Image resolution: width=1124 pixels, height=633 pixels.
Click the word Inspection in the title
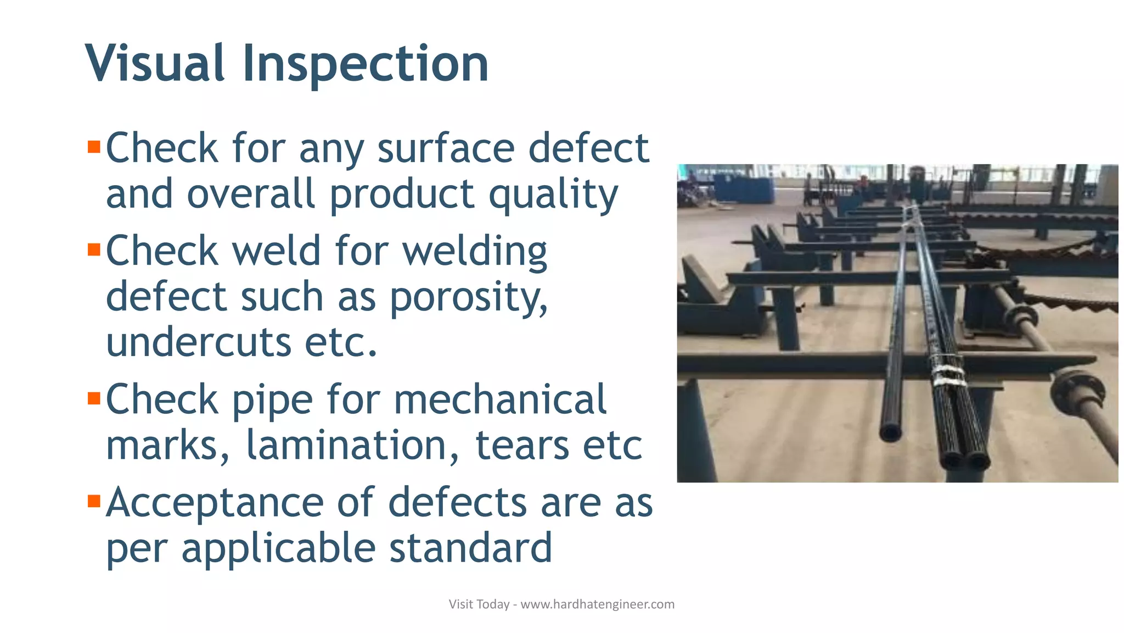(x=365, y=64)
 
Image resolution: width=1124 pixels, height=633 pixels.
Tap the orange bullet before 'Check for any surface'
(x=94, y=147)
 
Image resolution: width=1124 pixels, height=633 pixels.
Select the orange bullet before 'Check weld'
(x=94, y=250)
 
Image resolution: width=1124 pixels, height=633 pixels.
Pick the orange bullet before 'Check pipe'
(x=94, y=398)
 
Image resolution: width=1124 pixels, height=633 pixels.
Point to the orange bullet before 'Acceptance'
(x=94, y=501)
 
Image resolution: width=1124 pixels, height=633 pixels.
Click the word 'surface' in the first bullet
(x=446, y=148)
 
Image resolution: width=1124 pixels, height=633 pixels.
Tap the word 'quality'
(x=553, y=196)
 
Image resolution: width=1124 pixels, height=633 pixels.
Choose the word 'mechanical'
(x=500, y=399)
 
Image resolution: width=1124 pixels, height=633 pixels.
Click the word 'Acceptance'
(x=215, y=503)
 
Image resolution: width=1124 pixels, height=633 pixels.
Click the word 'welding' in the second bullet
(x=475, y=252)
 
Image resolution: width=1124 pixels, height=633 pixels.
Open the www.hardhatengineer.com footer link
(x=597, y=604)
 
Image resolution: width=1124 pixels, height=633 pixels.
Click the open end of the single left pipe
(x=890, y=432)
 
